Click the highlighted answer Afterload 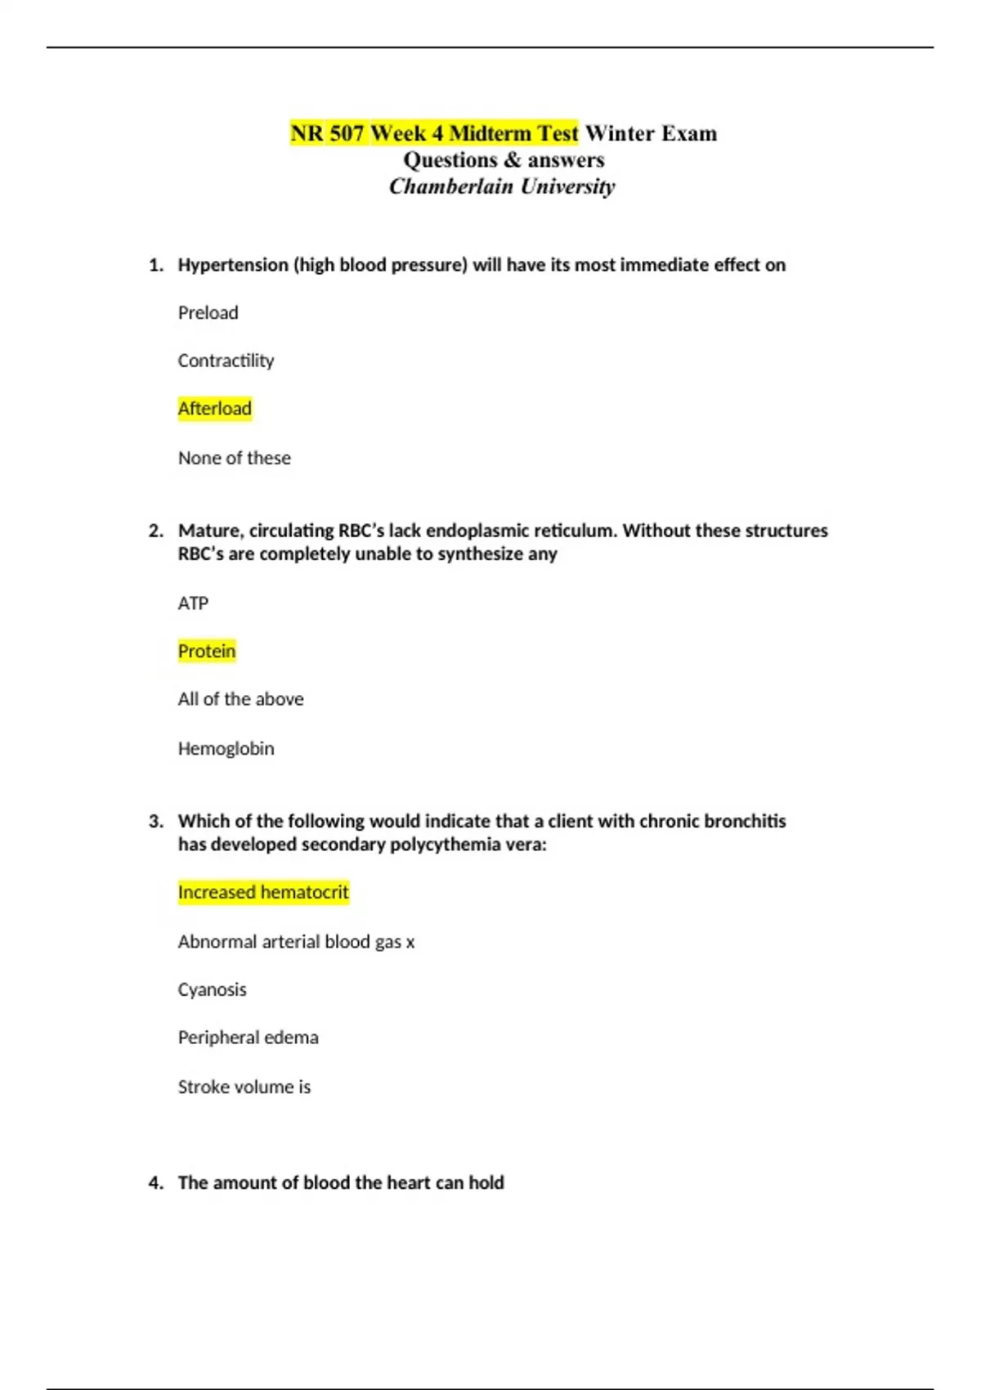pos(214,408)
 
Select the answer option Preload pos(208,312)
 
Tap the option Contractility pos(226,361)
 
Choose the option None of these pos(234,458)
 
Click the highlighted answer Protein pos(206,651)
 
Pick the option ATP pos(193,603)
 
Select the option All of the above pos(240,699)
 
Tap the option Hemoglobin pos(226,748)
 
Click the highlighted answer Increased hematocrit pos(263,892)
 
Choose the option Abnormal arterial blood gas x pos(296,942)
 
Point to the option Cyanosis pos(212,989)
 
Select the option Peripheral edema pos(248,1038)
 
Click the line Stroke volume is pos(244,1087)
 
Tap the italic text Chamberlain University pos(501,186)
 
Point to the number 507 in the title pos(347,133)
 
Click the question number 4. pos(155,1182)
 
